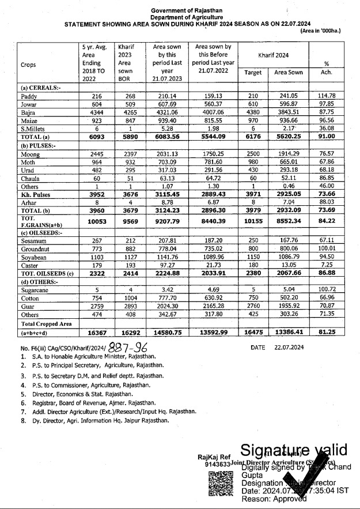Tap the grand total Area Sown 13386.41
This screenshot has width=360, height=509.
[x=289, y=333]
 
